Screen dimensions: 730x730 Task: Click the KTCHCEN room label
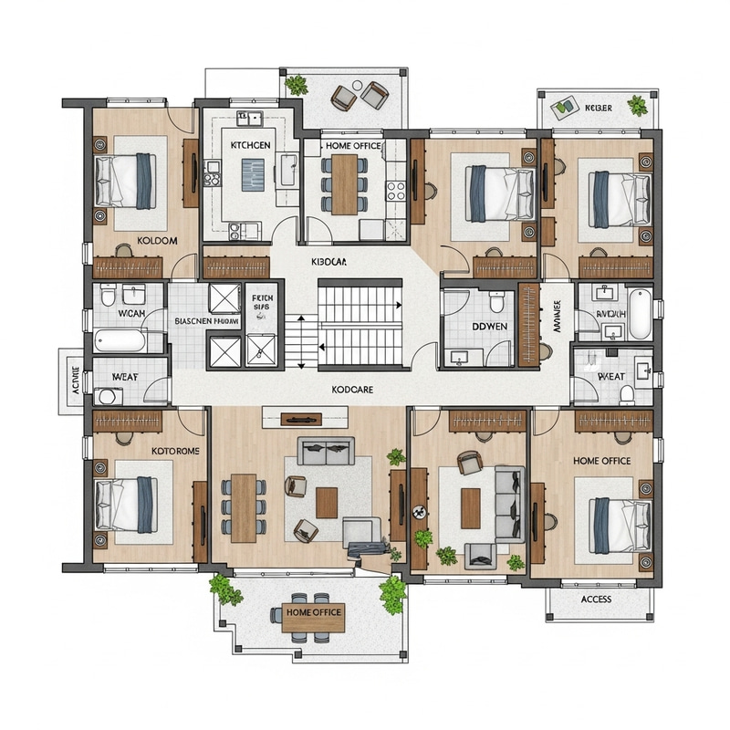[x=250, y=145]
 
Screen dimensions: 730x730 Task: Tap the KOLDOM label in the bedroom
[x=157, y=241]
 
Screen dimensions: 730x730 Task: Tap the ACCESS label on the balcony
[x=596, y=600]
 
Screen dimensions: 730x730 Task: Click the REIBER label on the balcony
[x=599, y=108]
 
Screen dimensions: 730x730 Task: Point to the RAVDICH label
[x=612, y=314]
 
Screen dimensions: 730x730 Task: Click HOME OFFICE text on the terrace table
[x=313, y=612]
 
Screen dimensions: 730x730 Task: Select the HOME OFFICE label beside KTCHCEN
[x=353, y=145]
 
